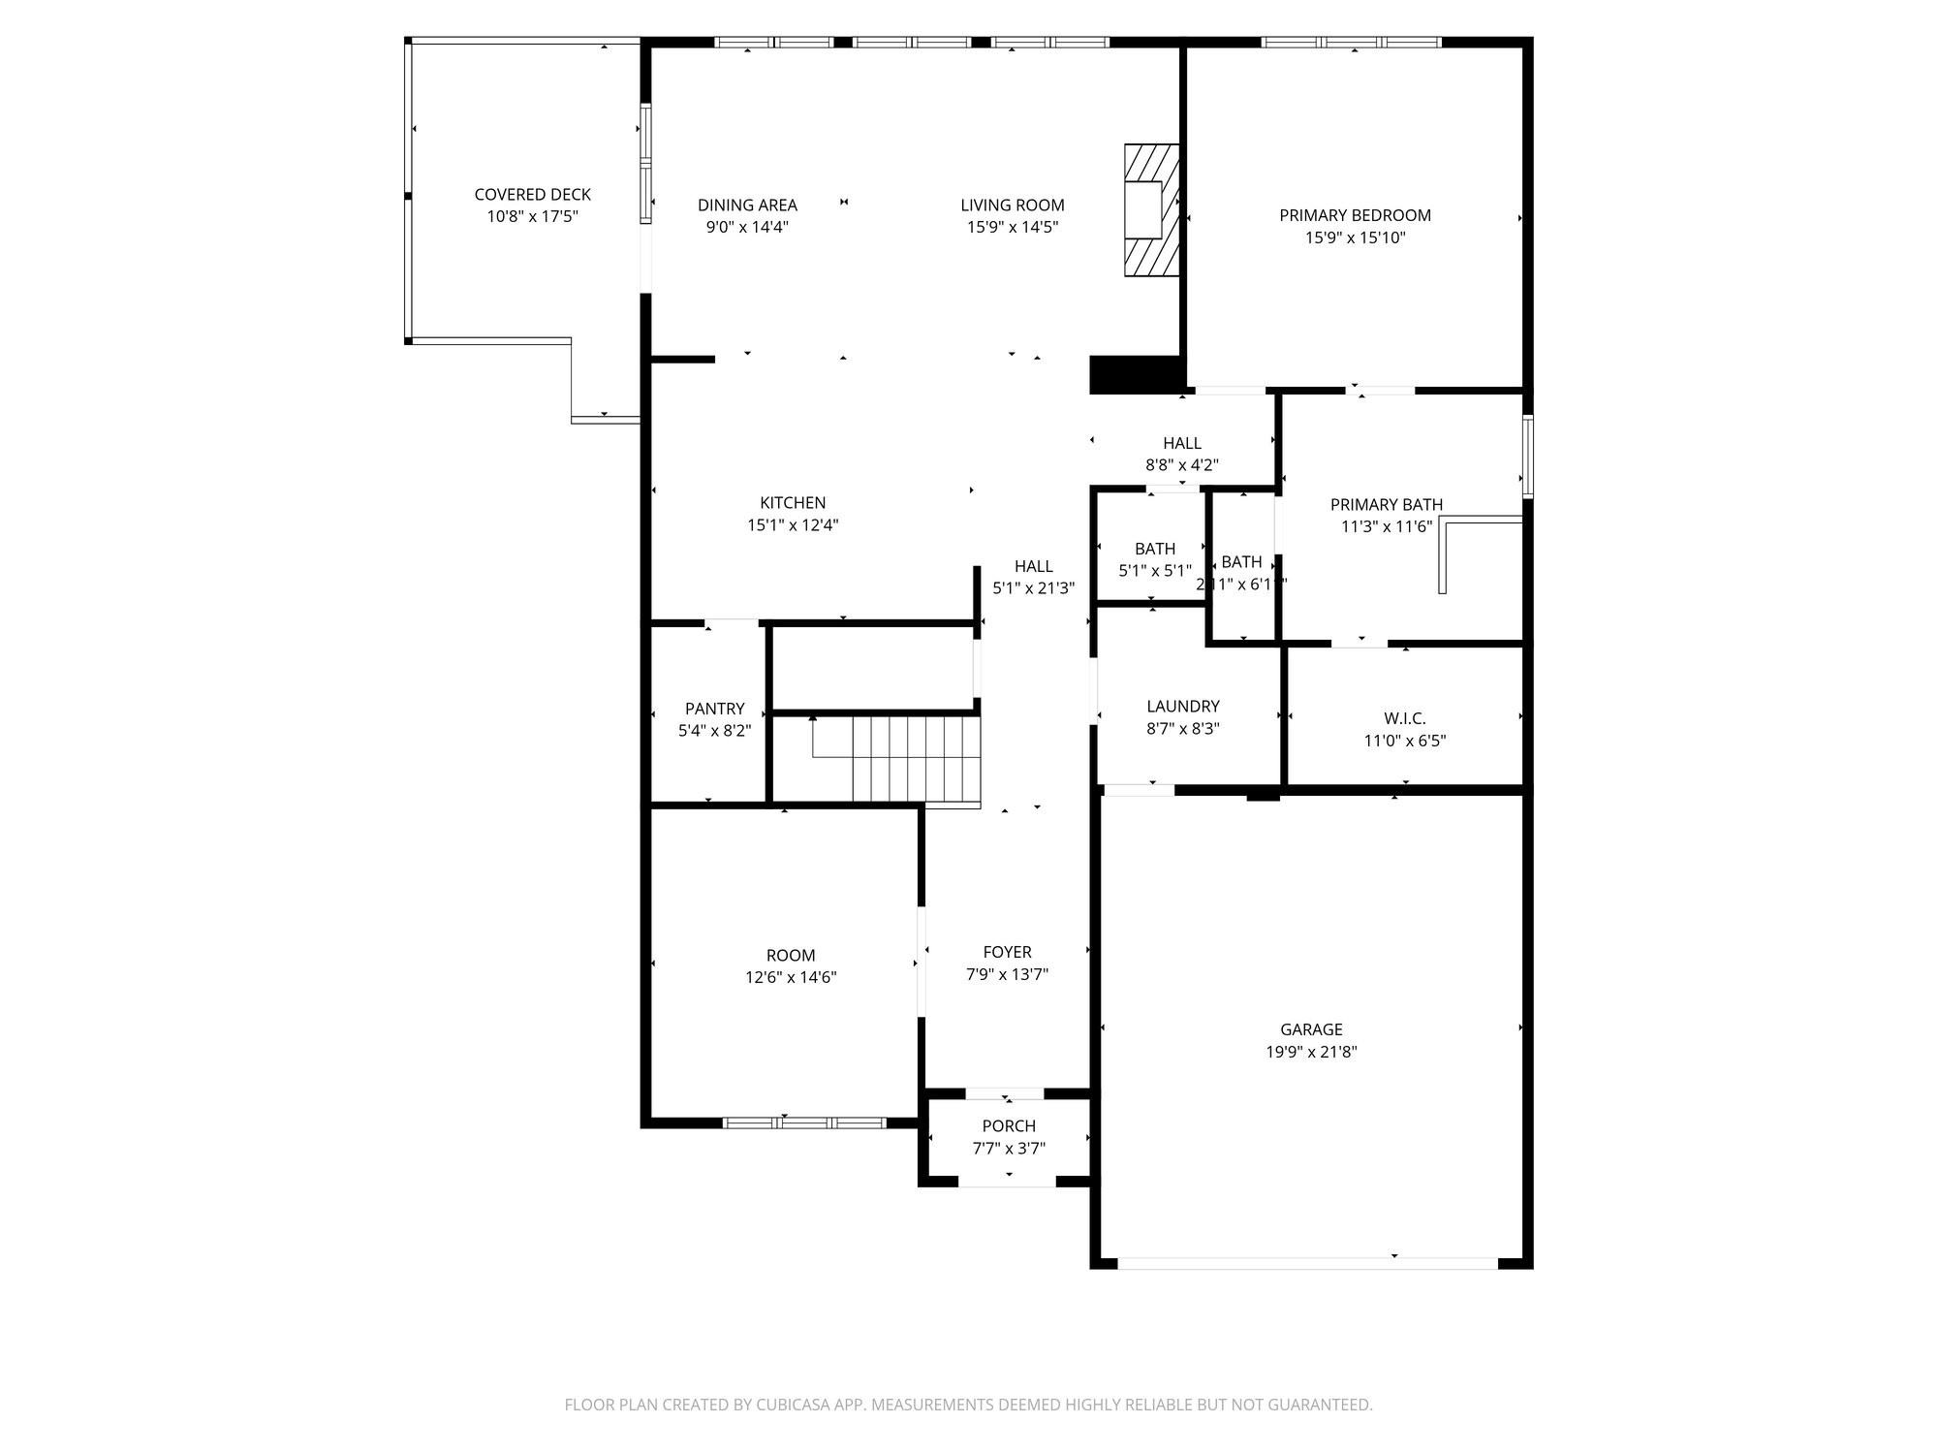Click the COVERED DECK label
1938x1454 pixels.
click(532, 195)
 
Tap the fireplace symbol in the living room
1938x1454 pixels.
click(1151, 210)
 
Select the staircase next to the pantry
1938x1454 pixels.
click(916, 759)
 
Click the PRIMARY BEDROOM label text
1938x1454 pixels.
click(1355, 215)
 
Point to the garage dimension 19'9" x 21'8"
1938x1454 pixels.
click(1311, 1052)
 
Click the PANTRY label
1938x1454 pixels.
click(714, 709)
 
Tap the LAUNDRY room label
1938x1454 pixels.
click(1182, 707)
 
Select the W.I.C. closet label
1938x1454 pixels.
click(1404, 718)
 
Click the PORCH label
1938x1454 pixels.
click(1009, 1126)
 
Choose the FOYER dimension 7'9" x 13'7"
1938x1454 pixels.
click(1007, 974)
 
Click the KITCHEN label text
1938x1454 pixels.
click(793, 502)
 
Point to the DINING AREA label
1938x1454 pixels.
click(747, 205)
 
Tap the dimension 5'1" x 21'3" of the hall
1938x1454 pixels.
click(1033, 587)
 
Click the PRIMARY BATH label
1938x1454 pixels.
click(1386, 504)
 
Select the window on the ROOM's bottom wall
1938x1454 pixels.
click(804, 1122)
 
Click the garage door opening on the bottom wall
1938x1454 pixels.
click(1308, 1263)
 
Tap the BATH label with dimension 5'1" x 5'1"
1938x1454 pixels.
click(1154, 549)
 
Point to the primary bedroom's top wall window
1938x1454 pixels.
click(1352, 42)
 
